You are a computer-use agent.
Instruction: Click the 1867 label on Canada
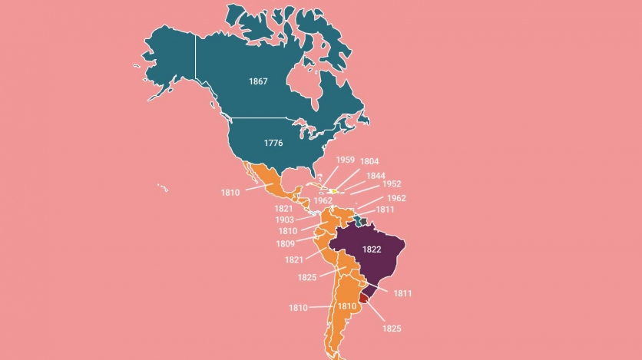pos(258,81)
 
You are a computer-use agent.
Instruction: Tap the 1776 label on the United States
pos(273,143)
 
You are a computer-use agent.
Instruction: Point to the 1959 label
pos(345,160)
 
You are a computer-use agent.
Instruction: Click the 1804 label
pos(369,162)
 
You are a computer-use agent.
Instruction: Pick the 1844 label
pos(376,176)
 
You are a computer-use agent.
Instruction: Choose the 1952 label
pos(392,184)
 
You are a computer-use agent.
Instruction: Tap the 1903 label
pos(285,220)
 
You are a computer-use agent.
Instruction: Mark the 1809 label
pos(286,244)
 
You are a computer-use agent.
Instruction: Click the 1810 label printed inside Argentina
pos(347,306)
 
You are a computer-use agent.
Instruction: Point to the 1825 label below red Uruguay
pos(392,329)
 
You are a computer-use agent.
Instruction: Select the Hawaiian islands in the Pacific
pos(163,187)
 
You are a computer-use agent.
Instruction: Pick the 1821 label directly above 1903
pos(283,209)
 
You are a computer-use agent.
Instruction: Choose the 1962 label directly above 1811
pos(396,198)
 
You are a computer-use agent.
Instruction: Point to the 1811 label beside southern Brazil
pos(402,292)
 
